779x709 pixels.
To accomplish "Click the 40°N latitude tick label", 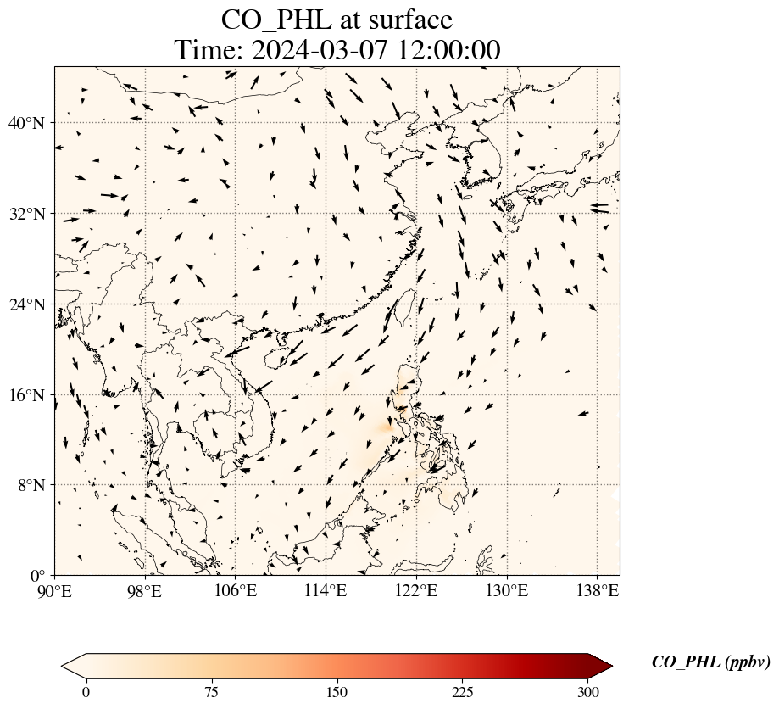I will pyautogui.click(x=31, y=123).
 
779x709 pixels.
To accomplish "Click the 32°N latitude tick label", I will pyautogui.click(x=31, y=214).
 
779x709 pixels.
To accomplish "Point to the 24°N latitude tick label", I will pyautogui.click(x=31, y=304).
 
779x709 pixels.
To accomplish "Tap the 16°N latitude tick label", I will pyautogui.click(x=31, y=395).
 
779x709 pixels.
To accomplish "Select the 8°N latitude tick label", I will pyautogui.click(x=35, y=486).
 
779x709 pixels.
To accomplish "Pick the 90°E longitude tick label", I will pyautogui.click(x=55, y=590).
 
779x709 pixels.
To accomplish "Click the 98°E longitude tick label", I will pyautogui.click(x=145, y=590).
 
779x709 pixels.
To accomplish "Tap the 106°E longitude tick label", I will pyautogui.click(x=236, y=590).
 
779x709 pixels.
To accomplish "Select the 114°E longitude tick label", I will pyautogui.click(x=326, y=590).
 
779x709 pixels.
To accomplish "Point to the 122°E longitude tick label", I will pyautogui.click(x=416, y=590).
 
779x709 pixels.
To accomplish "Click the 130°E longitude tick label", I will pyautogui.click(x=506, y=590).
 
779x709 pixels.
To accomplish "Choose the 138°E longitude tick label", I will pyautogui.click(x=597, y=590).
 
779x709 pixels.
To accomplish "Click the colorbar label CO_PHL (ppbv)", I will pyautogui.click(x=710, y=662).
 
